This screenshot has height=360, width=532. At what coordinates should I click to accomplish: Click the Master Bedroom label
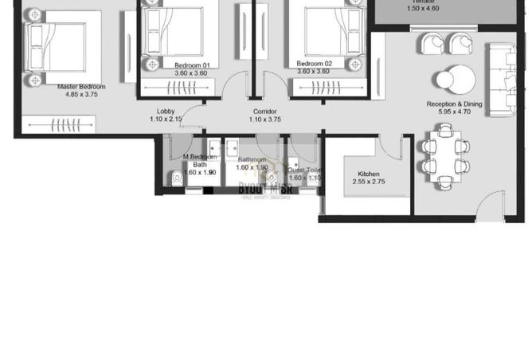(81, 86)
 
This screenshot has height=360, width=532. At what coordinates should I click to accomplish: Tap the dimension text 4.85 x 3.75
(81, 94)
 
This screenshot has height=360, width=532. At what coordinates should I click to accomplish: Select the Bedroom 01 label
(191, 64)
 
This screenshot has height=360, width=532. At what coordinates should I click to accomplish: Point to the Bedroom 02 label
(313, 64)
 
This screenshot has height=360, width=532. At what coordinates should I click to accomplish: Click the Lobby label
(166, 112)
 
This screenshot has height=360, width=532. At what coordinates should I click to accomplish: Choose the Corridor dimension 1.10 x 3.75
(264, 119)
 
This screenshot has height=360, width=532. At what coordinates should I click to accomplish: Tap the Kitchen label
(368, 174)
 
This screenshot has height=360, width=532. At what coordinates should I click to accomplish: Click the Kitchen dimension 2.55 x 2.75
(368, 182)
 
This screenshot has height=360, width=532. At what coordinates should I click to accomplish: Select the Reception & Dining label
(454, 104)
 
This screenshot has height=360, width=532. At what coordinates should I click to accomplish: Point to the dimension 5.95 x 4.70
(454, 112)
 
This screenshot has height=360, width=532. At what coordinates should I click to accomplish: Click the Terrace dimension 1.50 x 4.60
(423, 8)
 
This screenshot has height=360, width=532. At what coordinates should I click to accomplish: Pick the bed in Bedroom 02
(313, 32)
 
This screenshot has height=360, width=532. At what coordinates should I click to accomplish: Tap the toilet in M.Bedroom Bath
(176, 177)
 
